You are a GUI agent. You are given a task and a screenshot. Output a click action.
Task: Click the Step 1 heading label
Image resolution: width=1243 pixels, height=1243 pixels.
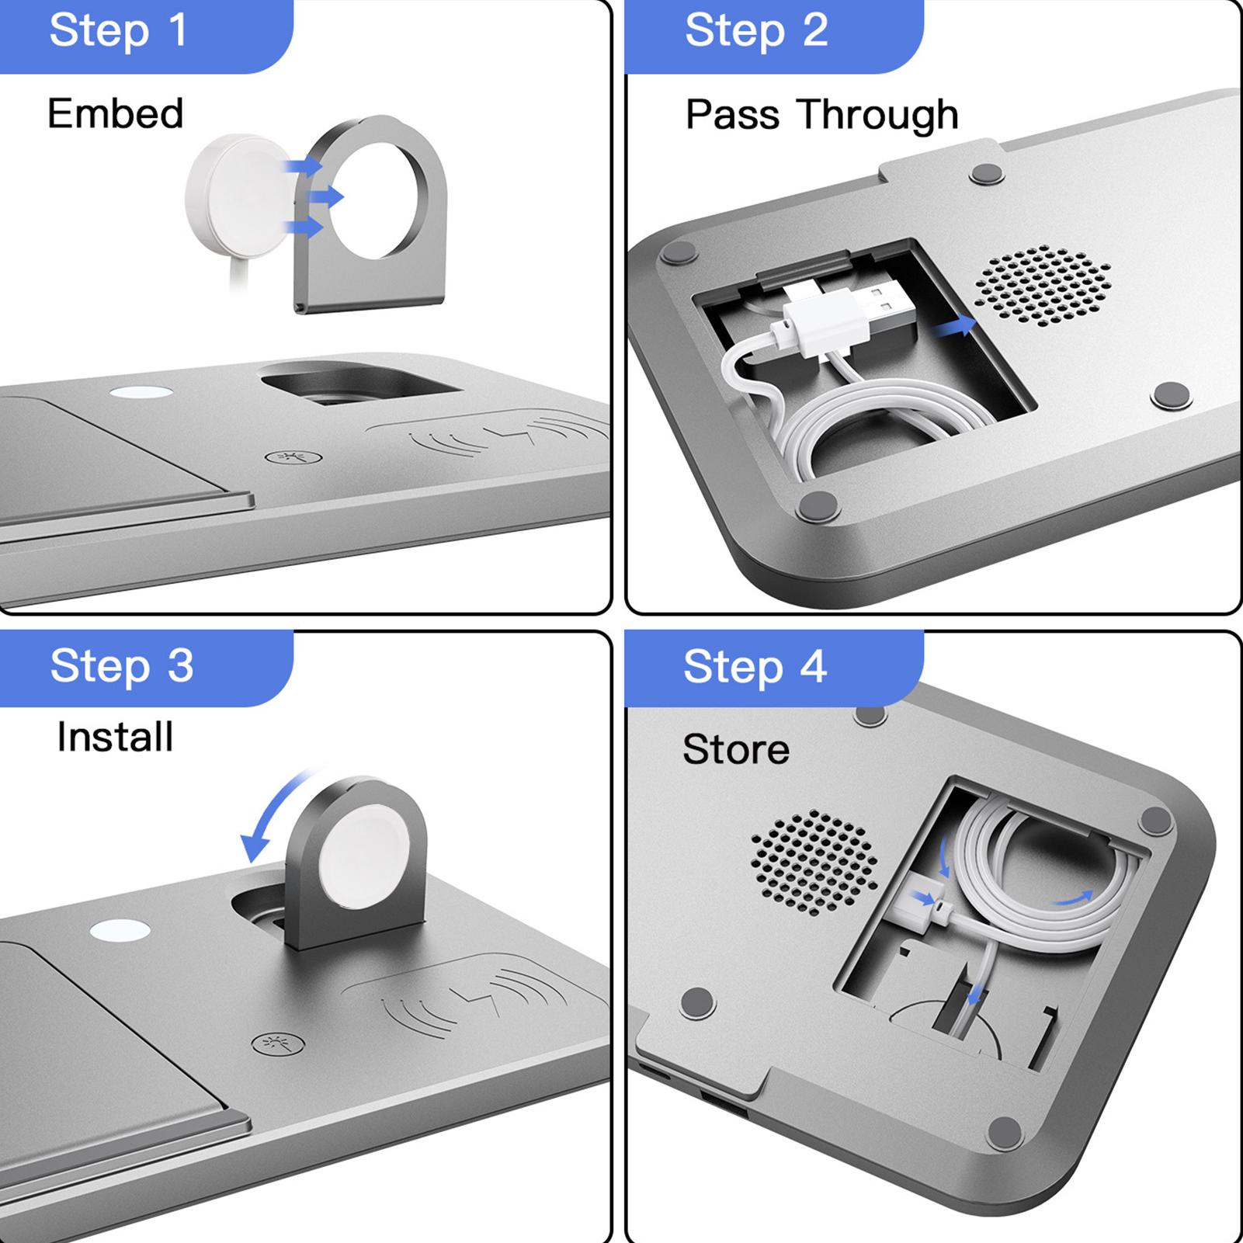tap(118, 31)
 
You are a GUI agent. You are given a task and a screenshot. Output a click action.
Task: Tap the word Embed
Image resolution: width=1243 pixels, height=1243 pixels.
tap(116, 113)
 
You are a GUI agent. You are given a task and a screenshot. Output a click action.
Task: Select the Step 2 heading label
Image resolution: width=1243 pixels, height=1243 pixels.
tap(756, 31)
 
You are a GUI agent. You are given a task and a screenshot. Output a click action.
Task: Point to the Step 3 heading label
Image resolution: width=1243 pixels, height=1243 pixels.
tap(122, 666)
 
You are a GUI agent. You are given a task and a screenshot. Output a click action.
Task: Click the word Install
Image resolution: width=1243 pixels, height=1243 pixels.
tap(115, 737)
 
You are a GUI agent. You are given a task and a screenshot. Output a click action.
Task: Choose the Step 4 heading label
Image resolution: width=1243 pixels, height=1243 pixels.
tap(755, 667)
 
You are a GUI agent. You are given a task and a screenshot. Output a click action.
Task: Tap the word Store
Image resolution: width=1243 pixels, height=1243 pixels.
tap(736, 749)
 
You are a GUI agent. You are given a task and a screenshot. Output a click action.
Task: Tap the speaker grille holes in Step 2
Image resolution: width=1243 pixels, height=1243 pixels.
tap(1043, 286)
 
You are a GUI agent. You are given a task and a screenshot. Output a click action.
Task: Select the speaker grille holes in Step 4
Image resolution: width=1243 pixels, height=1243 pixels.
tap(814, 862)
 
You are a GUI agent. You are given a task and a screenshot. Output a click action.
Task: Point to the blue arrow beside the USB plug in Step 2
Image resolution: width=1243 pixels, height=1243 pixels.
tap(954, 325)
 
